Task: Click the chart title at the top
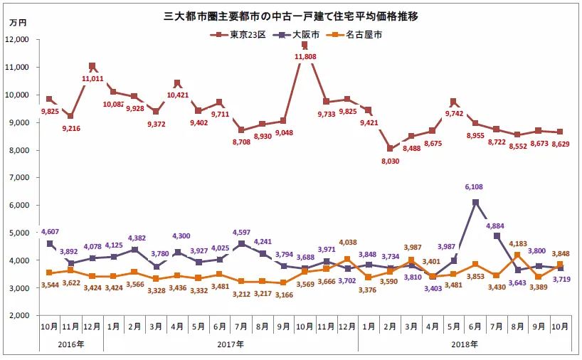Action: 291,15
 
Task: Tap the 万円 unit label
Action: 18,24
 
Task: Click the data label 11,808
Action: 305,55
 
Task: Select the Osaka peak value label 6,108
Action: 474,187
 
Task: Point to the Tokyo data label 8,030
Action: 389,161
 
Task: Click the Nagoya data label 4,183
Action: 519,244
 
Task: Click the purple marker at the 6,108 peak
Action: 475,203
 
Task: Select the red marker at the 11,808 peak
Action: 305,45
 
